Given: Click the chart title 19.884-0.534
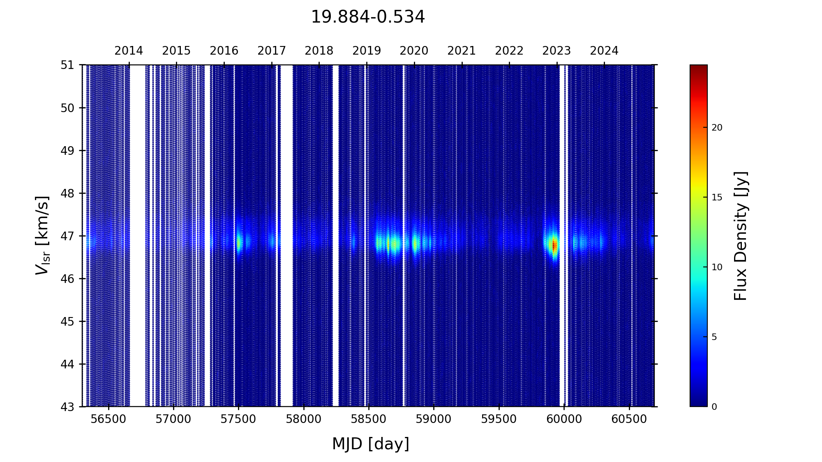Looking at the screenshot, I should (367, 17).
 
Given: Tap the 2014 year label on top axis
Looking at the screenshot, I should (129, 51).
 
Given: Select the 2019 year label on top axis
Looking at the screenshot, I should (367, 51).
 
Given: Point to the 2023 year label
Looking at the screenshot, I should (556, 51).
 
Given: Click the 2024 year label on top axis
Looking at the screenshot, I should (604, 51).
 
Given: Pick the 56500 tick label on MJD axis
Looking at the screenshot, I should (109, 419).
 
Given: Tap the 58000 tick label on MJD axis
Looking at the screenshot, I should (304, 419).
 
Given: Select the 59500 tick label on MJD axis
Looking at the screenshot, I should (499, 419).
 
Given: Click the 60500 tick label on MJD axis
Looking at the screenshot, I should (629, 419).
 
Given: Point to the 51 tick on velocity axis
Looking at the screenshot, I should (68, 65).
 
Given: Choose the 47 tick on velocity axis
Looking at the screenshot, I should (68, 236).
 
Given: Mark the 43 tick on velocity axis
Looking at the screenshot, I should (68, 407).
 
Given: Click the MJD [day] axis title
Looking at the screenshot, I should (371, 444).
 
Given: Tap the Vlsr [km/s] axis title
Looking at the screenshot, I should (42, 235).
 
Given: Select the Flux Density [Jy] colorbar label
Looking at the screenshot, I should (741, 236).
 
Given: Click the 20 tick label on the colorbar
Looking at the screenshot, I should (717, 128).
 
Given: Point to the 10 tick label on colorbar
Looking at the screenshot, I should (717, 267).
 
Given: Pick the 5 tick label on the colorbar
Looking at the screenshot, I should (714, 337).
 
